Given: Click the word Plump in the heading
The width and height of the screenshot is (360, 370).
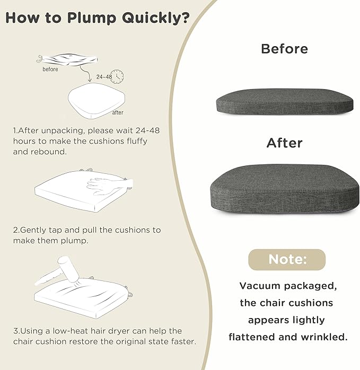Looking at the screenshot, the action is click(x=92, y=18).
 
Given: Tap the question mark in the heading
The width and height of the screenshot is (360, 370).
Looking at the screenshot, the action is click(x=186, y=17).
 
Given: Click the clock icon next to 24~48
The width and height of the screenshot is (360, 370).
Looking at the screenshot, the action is click(x=117, y=76).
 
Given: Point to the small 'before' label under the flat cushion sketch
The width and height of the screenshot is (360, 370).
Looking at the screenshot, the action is click(x=50, y=69).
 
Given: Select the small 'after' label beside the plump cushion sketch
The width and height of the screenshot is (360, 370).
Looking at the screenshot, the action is click(x=118, y=112).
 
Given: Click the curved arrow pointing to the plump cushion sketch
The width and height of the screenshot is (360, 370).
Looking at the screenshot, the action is click(x=86, y=74).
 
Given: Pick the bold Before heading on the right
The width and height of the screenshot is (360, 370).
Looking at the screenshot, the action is click(x=285, y=49).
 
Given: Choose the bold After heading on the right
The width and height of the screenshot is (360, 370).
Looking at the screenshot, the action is click(x=285, y=143).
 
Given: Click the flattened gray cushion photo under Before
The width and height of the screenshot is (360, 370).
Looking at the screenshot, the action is click(x=285, y=102).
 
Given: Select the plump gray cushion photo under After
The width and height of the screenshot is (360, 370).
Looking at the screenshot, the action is click(x=285, y=189).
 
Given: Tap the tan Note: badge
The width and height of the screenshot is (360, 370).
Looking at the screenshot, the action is click(x=287, y=260).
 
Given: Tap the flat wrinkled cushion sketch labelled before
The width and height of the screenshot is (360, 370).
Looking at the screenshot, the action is click(x=67, y=59).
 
